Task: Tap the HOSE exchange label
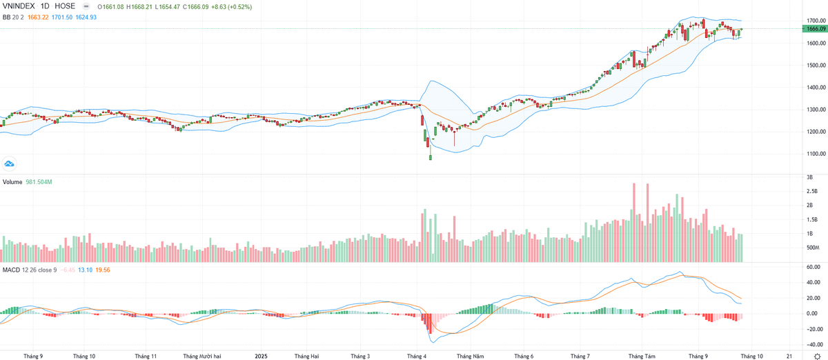[65, 6]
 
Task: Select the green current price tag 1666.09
[816, 29]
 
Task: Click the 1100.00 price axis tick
[816, 154]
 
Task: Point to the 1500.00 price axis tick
[816, 66]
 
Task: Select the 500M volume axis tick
[812, 248]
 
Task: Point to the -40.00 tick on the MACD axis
[812, 344]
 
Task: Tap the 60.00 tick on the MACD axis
[812, 267]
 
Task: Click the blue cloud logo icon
[10, 163]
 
